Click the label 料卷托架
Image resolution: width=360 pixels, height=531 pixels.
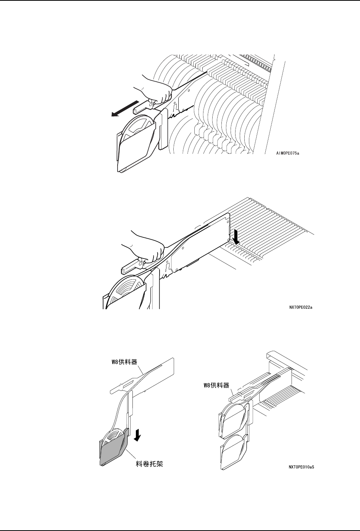tap(150, 464)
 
